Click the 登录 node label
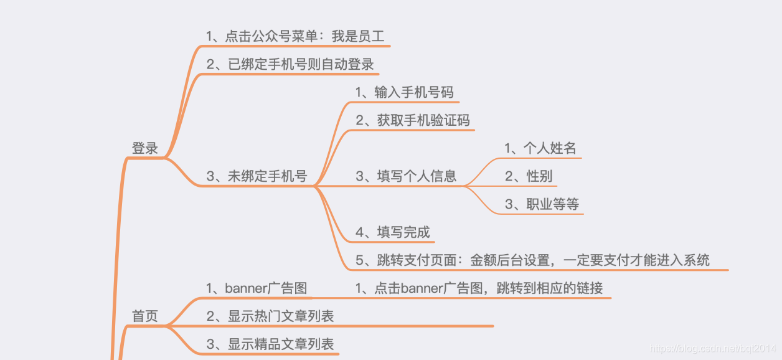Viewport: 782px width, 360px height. click(145, 149)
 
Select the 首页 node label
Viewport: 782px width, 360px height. click(145, 316)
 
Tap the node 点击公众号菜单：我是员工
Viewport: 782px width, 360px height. click(296, 36)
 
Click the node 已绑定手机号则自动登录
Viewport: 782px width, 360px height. click(290, 65)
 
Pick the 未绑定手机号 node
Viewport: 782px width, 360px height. click(257, 176)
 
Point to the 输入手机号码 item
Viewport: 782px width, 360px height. click(405, 93)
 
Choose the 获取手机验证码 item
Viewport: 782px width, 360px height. click(413, 121)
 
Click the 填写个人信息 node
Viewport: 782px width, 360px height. click(406, 176)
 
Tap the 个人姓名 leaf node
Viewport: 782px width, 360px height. click(540, 148)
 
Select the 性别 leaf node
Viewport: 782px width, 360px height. click(529, 176)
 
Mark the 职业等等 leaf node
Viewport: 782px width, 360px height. click(542, 204)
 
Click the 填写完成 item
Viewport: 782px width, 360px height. click(393, 233)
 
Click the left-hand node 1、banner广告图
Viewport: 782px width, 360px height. click(257, 288)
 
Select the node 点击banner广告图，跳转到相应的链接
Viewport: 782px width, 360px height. click(479, 288)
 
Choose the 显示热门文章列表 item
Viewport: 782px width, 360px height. click(270, 316)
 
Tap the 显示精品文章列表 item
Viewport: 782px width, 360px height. click(270, 344)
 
